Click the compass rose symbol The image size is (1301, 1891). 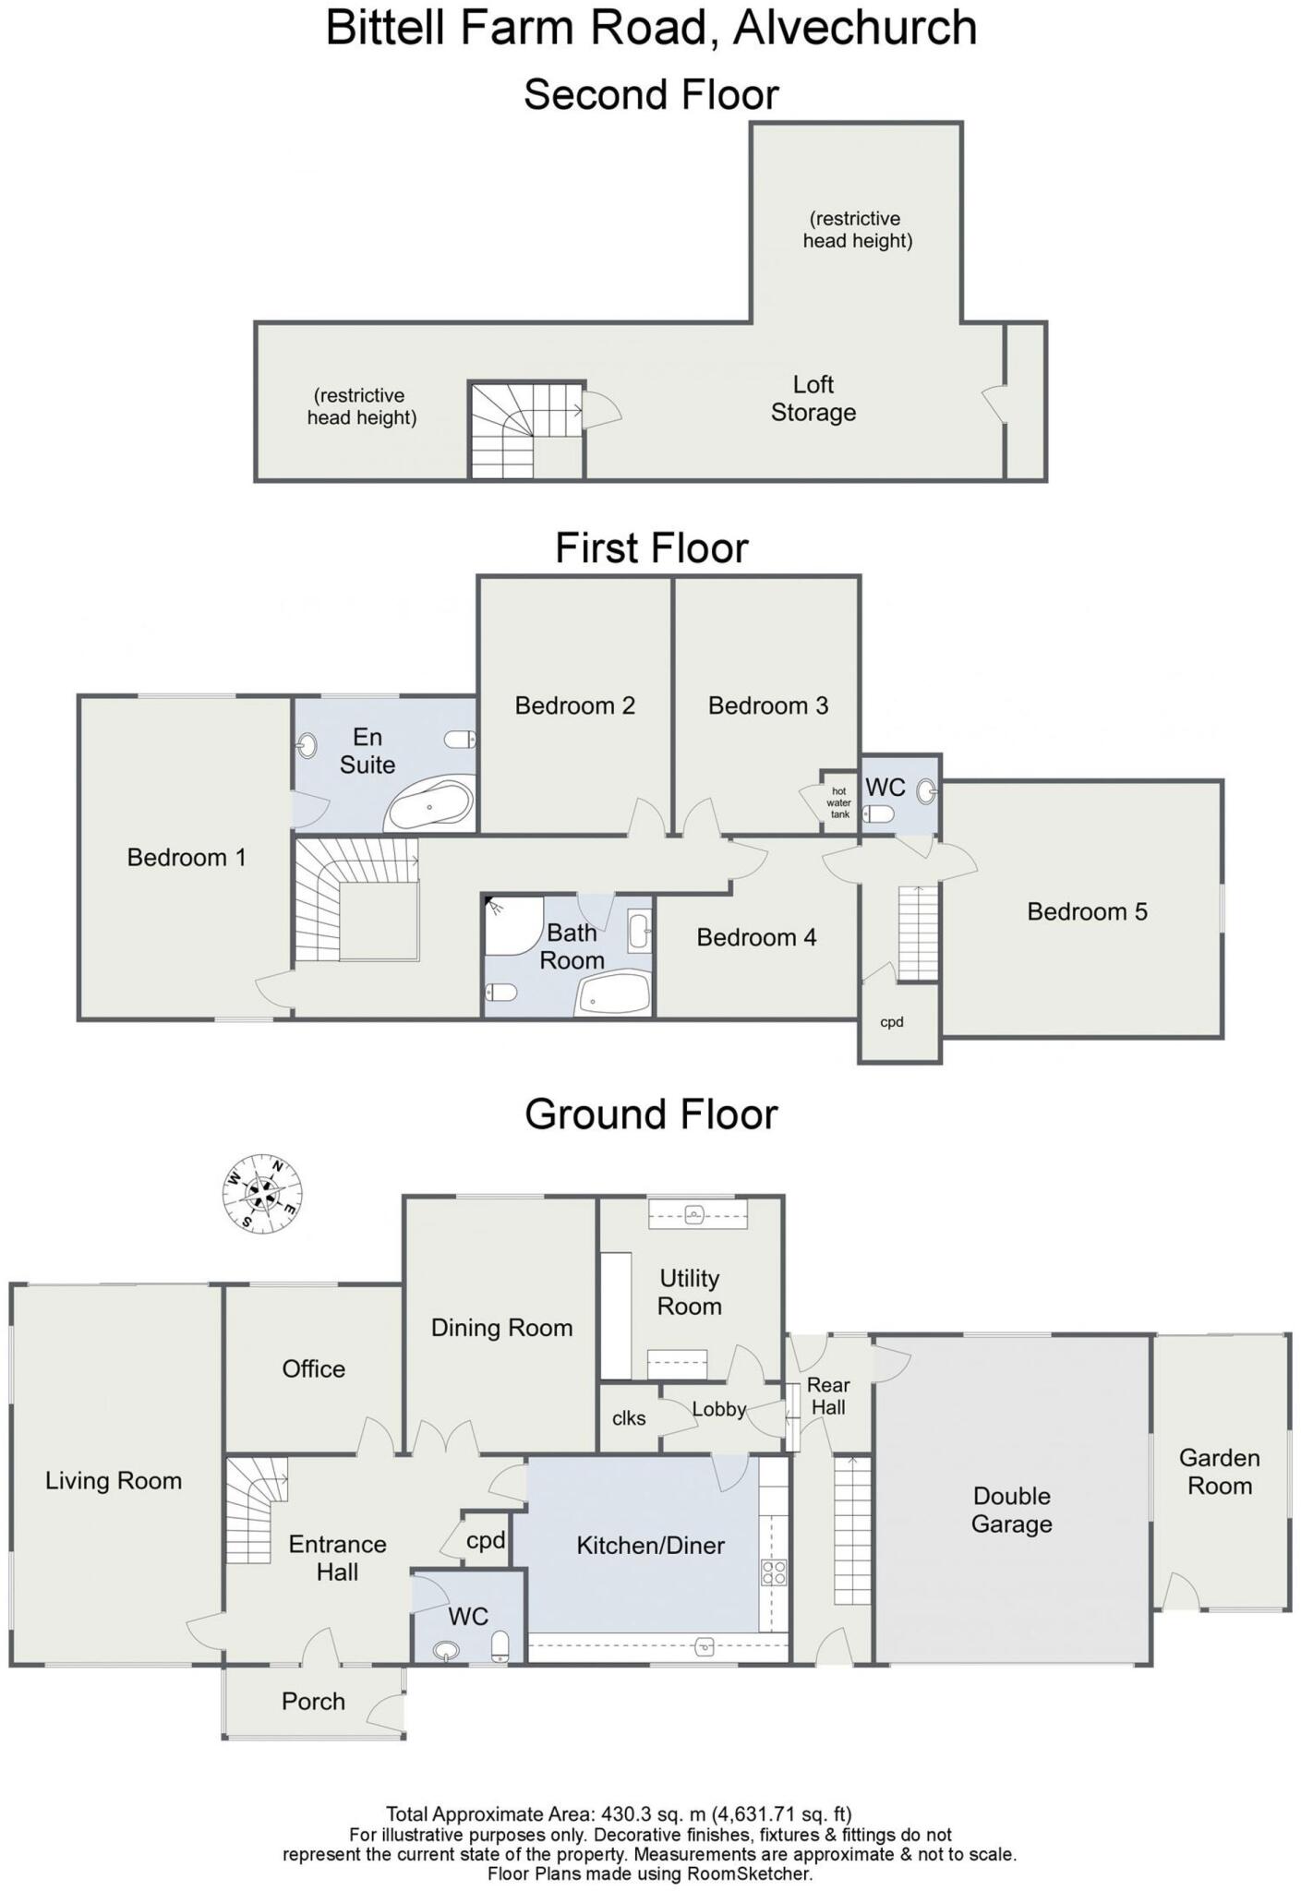tap(263, 1194)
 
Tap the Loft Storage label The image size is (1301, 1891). tap(813, 398)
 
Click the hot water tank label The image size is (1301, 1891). tap(838, 802)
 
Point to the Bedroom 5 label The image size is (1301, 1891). tap(1087, 911)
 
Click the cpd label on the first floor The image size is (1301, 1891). tap(891, 1022)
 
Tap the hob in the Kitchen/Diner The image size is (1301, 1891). tap(774, 1572)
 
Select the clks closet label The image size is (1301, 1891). tap(629, 1418)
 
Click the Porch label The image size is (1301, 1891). tap(313, 1701)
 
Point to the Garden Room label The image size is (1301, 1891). tap(1219, 1472)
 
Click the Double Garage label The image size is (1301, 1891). tap(1011, 1510)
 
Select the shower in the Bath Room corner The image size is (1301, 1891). tap(511, 923)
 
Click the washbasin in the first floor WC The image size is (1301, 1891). tap(926, 790)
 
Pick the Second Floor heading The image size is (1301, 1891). tap(651, 94)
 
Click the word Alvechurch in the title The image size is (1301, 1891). tap(855, 28)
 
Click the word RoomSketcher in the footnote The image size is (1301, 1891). tap(749, 1873)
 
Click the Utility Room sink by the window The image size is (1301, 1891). tap(697, 1213)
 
